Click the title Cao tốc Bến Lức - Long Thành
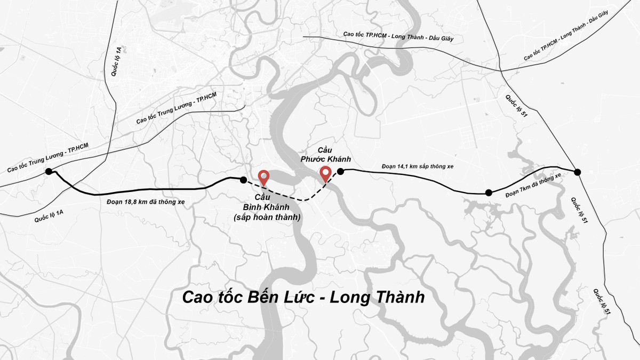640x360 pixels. [x=303, y=297]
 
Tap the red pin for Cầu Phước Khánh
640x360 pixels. [x=325, y=173]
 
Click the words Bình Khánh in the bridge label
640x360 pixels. [x=265, y=207]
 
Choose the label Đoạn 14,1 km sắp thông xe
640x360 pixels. [x=418, y=166]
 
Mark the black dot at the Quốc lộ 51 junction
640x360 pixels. [x=577, y=171]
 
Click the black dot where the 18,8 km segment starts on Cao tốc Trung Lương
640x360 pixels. [x=49, y=171]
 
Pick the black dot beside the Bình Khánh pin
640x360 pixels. [x=244, y=180]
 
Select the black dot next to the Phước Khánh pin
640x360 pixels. [x=340, y=171]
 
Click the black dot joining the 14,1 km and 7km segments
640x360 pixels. [x=488, y=193]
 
